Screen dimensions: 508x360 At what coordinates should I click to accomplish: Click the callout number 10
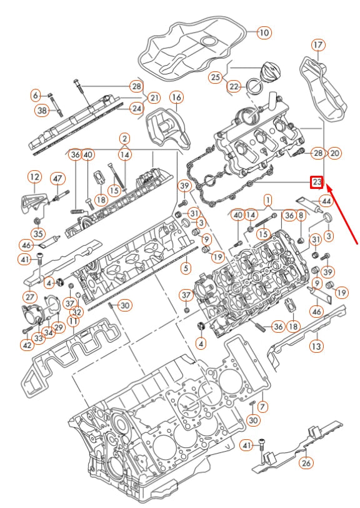(264, 32)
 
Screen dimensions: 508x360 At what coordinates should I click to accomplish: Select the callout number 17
(318, 45)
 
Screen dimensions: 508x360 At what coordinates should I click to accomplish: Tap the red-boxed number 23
(317, 182)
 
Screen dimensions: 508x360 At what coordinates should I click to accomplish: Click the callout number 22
(233, 86)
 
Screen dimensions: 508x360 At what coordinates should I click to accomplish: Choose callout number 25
(215, 78)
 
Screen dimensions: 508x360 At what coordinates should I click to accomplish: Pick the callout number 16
(176, 98)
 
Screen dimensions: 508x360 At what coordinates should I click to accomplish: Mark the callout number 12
(34, 178)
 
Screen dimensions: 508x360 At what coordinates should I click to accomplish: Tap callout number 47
(57, 179)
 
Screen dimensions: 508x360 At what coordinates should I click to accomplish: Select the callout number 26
(306, 464)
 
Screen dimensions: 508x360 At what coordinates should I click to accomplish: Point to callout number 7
(262, 407)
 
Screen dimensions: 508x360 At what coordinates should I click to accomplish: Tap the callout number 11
(74, 322)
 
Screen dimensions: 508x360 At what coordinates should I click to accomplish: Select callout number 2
(125, 138)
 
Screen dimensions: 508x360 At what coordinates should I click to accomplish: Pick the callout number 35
(38, 235)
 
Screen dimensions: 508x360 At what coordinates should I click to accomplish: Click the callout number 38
(42, 111)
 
